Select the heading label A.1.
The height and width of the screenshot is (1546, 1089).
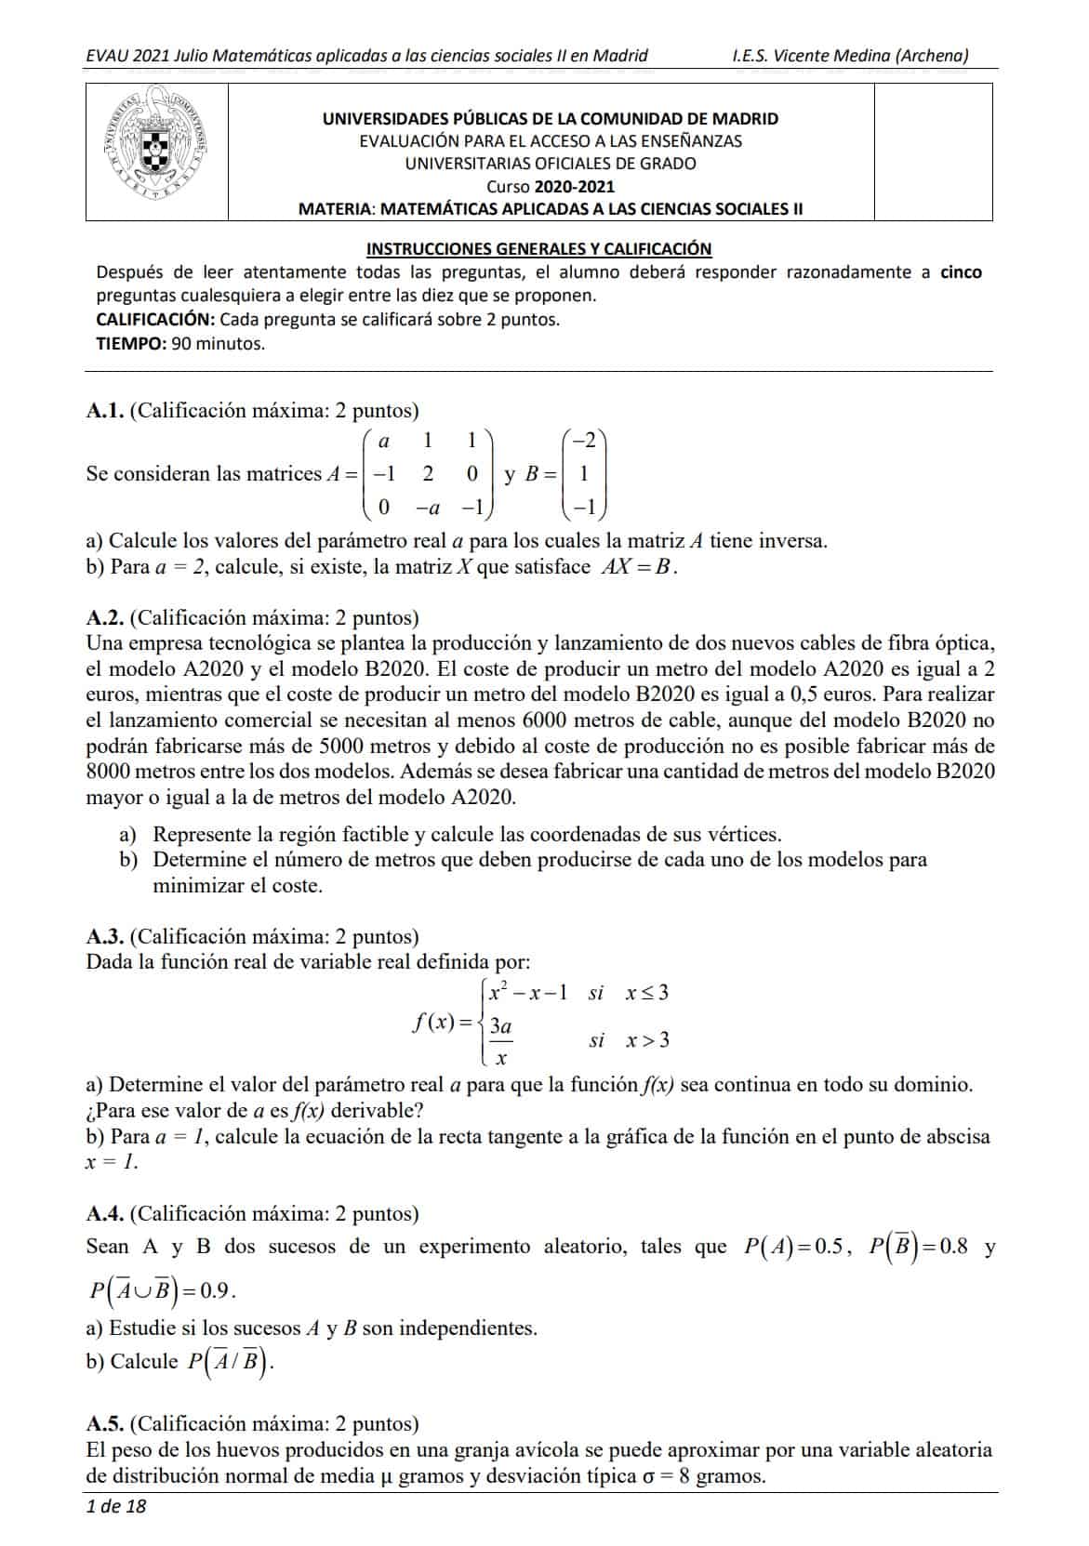pos(105,410)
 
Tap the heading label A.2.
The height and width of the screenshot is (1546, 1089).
pos(105,617)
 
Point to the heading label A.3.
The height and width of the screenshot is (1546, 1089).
pos(105,936)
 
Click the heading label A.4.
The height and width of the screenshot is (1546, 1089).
pos(105,1213)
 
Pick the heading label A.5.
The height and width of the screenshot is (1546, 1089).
pos(105,1423)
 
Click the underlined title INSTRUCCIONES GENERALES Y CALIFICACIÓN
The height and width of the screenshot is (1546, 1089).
pos(539,248)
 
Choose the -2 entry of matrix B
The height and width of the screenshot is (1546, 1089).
pos(587,439)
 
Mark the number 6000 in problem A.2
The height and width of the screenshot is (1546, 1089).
pos(552,720)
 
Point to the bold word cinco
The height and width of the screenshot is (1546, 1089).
pos(961,272)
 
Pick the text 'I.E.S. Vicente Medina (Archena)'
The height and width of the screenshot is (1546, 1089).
pos(850,56)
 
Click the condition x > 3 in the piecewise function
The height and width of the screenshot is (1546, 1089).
pos(647,1040)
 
